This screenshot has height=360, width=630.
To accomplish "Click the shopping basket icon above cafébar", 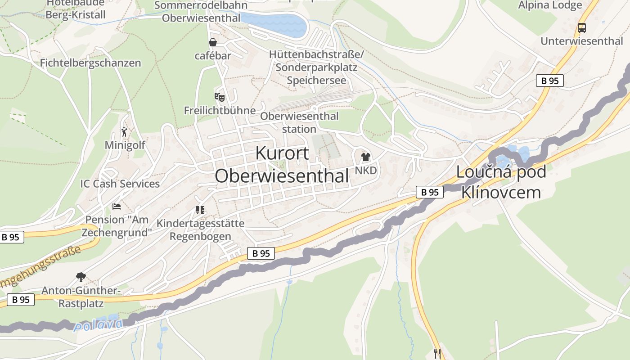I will [213, 43].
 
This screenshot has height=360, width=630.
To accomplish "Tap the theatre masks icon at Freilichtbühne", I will [219, 97].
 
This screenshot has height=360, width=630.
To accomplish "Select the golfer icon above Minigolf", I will [125, 132].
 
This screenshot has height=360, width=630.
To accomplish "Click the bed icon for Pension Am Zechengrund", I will [117, 207].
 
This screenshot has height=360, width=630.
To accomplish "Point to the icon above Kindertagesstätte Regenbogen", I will [200, 210].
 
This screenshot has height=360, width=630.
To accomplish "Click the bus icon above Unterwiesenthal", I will [582, 28].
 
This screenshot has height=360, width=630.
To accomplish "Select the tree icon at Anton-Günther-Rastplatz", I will [81, 277].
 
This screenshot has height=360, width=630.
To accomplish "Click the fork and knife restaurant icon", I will [437, 353].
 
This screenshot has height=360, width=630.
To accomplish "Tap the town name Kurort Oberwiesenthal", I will [282, 165].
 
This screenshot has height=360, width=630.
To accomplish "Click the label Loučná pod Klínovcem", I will [501, 182].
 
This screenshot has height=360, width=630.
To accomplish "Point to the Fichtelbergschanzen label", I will [90, 63].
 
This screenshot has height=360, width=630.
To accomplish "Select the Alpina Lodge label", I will [550, 5].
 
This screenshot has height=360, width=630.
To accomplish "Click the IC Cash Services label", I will [120, 184].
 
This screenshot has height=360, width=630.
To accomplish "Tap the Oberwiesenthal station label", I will [299, 122].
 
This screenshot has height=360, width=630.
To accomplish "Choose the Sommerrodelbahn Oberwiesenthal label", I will [201, 12].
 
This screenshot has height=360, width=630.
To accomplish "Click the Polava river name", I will [98, 324].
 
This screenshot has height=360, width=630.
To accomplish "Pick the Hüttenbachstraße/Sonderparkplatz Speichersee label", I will [316, 67].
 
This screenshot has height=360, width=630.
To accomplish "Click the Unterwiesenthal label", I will [582, 41].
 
